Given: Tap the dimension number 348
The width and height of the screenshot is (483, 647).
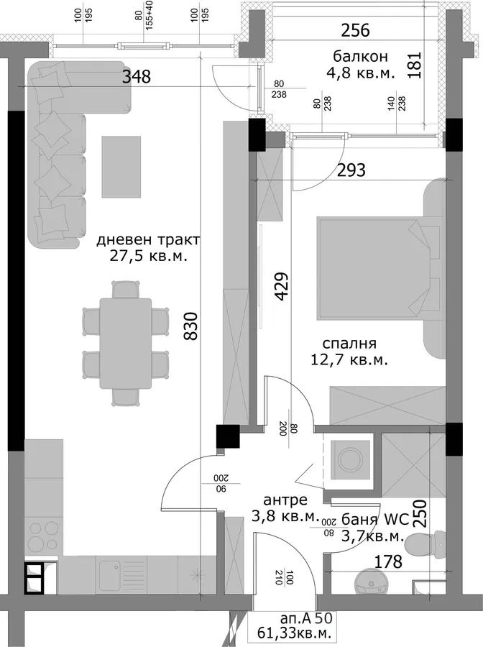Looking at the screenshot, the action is coord(137,77).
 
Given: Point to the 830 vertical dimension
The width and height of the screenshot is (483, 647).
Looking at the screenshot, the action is coord(191,326).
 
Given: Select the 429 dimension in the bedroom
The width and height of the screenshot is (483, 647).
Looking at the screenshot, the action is coord(280,286).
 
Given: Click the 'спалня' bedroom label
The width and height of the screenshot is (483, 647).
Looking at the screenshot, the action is coord(349,344).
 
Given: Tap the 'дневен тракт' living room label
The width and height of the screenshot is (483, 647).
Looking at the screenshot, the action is coord(149,239).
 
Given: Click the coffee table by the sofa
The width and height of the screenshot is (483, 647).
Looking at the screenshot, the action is coord(121,167).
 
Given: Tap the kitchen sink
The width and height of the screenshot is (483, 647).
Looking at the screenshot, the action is coord(109,573).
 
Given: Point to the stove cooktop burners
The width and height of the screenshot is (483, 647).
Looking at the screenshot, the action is coord(42,535).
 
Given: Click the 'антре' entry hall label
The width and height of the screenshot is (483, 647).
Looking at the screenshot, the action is coord(285,500).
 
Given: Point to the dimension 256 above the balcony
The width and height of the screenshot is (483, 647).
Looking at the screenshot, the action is coord(356,31).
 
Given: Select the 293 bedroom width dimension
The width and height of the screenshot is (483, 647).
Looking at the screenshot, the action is coord(351,170).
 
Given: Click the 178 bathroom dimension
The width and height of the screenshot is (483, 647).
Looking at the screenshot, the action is coord(387,561).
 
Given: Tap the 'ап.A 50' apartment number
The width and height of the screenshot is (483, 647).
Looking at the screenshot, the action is coord(305,618).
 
